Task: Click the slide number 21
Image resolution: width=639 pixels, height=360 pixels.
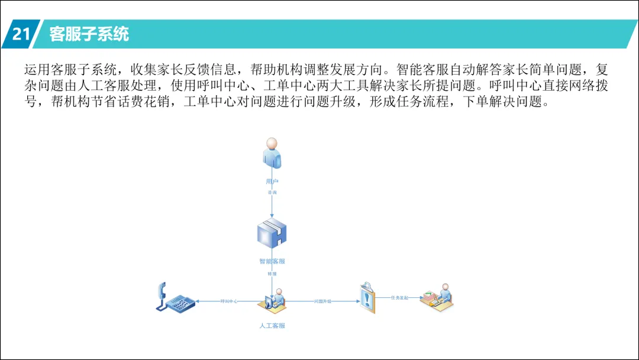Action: (x=21, y=34)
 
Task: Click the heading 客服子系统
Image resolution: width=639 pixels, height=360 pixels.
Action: (x=89, y=34)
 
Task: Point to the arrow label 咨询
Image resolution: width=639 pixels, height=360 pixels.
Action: (x=272, y=193)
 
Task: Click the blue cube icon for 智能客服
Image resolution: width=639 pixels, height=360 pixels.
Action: (x=272, y=234)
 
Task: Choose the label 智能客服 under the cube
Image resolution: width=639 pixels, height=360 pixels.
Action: (x=272, y=261)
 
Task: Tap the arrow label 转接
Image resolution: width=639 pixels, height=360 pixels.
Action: (x=272, y=274)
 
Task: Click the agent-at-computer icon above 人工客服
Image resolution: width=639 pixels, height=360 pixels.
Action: (x=272, y=299)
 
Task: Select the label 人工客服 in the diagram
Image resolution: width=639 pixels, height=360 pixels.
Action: (x=272, y=326)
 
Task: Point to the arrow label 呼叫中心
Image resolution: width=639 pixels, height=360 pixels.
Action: (x=229, y=301)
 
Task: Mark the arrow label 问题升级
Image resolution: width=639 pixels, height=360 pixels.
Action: (x=322, y=301)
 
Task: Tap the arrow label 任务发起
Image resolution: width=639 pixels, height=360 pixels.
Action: (x=399, y=297)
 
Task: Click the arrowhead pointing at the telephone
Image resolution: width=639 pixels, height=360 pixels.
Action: (x=199, y=301)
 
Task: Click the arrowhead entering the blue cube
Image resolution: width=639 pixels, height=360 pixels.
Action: (x=272, y=216)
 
